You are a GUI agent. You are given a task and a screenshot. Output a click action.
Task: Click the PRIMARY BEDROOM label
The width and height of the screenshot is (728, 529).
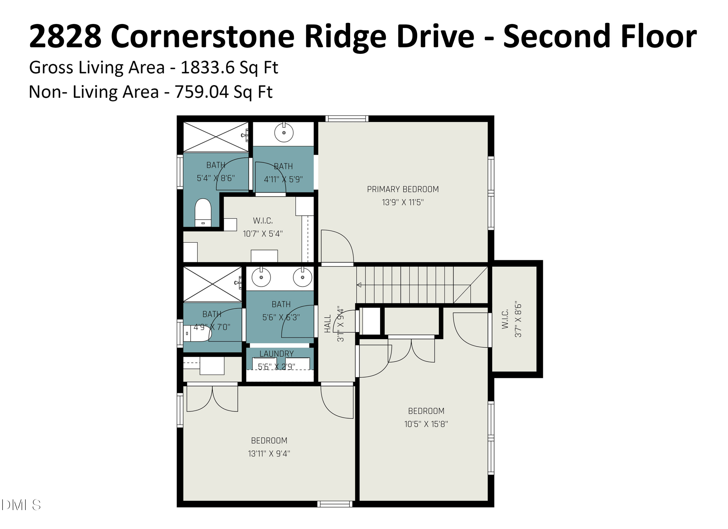tap(403, 189)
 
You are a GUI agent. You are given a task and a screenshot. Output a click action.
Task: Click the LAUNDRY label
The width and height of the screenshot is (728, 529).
tap(276, 354)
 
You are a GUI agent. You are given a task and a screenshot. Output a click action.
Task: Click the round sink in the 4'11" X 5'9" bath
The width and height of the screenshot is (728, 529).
tap(284, 132)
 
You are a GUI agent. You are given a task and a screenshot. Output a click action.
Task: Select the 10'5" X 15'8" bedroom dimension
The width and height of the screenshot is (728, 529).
tap(426, 424)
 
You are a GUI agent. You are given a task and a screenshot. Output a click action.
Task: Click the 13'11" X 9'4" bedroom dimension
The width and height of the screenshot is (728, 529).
tap(269, 454)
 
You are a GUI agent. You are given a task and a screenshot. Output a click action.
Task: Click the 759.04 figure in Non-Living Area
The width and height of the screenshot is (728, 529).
tap(202, 92)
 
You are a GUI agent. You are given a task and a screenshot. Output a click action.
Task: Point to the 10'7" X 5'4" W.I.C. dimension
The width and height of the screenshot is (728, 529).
tap(263, 234)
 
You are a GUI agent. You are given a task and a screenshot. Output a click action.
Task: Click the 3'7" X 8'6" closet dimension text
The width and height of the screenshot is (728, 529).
tap(518, 319)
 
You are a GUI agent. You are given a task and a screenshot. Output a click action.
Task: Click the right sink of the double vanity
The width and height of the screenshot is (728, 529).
tap(302, 277)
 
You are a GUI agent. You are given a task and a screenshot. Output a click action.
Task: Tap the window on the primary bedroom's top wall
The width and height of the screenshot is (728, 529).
tap(347, 119)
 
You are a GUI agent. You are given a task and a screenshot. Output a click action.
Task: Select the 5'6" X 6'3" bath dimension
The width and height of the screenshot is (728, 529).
tap(281, 317)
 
